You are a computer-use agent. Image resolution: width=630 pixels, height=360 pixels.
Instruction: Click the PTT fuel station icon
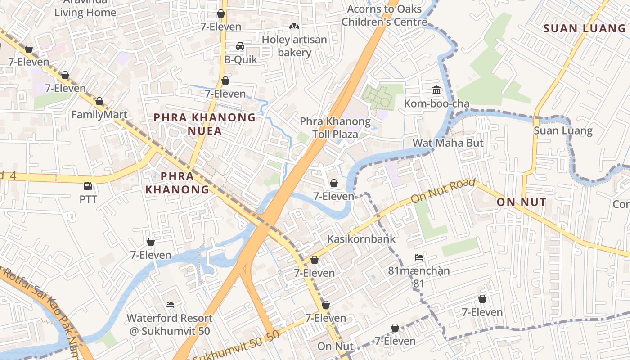[88, 186]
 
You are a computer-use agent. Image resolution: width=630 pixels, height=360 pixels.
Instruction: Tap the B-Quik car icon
[240, 46]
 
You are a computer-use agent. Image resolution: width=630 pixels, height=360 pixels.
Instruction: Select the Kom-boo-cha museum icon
[436, 90]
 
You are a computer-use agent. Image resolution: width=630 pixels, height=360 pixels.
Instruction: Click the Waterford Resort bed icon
[170, 305]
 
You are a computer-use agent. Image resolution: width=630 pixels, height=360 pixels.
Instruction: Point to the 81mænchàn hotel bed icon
[419, 257]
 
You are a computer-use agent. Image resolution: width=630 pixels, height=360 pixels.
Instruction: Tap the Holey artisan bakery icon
[294, 27]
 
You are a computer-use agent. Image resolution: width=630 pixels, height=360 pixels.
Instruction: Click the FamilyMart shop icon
[99, 101]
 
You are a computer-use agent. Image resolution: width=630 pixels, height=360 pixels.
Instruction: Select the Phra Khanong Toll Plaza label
[335, 128]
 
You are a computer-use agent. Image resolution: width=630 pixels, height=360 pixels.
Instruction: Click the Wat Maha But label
[448, 143]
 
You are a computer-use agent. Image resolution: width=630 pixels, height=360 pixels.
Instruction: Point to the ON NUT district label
[522, 202]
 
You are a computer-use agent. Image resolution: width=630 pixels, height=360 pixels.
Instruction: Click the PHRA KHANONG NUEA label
[205, 124]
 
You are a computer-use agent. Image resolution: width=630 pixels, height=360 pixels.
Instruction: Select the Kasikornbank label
[361, 239]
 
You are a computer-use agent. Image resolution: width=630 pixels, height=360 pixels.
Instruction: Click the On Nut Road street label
[443, 190]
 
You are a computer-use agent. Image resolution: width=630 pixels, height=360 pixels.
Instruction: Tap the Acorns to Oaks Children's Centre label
[384, 15]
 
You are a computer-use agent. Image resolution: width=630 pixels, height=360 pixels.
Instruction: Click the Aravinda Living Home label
[85, 8]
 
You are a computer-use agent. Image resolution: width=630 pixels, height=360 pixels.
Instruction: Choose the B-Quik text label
[241, 59]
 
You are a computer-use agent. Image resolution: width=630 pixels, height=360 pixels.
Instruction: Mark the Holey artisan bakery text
[294, 46]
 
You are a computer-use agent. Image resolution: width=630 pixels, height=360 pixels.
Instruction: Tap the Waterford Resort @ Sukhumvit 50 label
[170, 324]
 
